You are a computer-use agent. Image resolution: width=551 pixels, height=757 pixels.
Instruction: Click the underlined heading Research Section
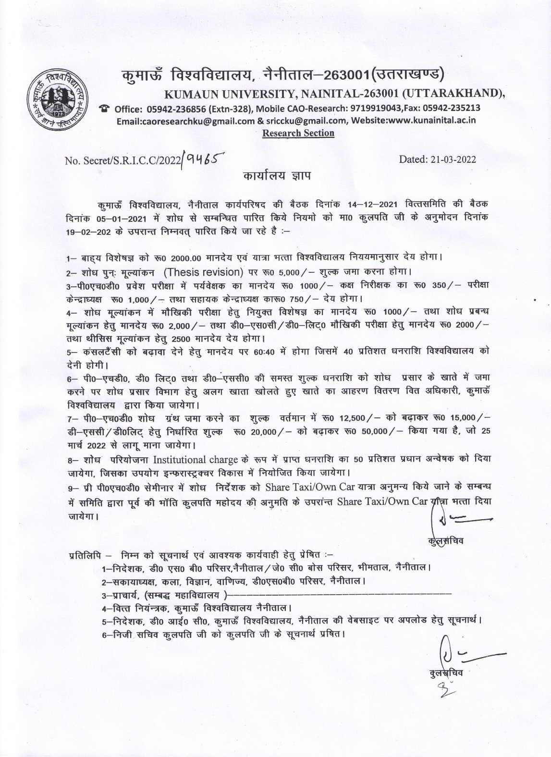coord(298,133)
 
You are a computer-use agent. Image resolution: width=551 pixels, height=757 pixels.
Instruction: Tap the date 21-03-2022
coord(438,159)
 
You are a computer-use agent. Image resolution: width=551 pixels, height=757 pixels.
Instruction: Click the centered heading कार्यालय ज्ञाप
coord(276,176)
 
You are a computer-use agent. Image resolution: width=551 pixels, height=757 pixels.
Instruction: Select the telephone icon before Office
coord(103,108)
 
